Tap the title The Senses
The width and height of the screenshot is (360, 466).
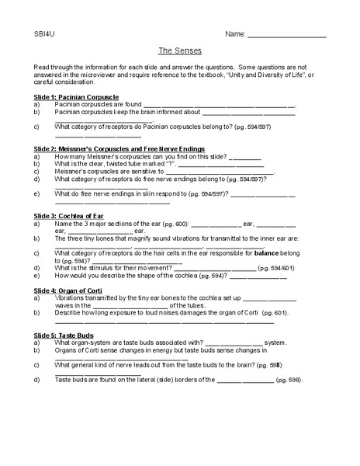coord(180,50)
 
